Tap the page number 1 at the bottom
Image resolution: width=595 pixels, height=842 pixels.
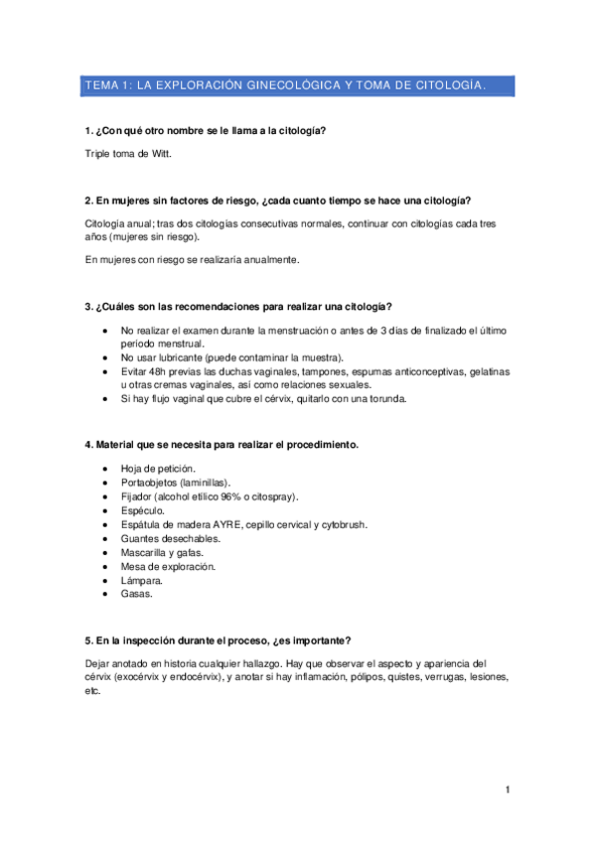pos(508,789)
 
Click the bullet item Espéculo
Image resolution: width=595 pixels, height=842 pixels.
pos(142,509)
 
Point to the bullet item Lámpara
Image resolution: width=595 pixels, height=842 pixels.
pos(142,579)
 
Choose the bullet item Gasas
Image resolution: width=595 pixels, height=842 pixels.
pos(137,593)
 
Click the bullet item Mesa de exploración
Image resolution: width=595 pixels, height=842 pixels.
pos(167,565)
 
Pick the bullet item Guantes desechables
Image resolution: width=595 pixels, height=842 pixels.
pos(170,537)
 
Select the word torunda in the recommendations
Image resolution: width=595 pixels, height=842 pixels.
pos(385,399)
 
